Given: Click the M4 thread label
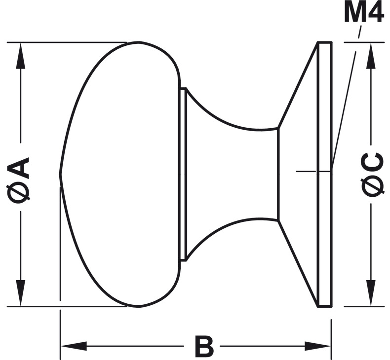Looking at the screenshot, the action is [x=363, y=14].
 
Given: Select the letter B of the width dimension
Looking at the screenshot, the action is [x=204, y=347].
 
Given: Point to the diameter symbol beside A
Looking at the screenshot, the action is [x=20, y=193].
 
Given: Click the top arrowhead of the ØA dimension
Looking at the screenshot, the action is [x=20, y=54].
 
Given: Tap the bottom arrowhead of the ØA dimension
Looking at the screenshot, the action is [x=20, y=293].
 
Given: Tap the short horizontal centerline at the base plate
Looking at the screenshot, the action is [x=306, y=171].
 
